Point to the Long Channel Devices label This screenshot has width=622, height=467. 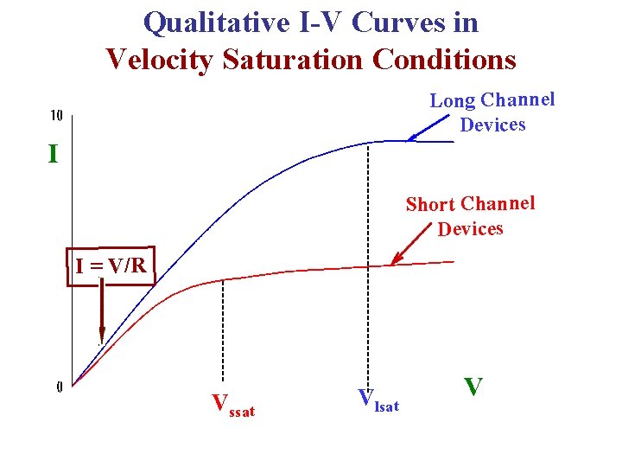(492, 112)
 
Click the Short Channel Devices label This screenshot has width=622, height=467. (471, 216)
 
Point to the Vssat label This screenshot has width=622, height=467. (233, 405)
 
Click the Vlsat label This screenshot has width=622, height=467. (378, 400)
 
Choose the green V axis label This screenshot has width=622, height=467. (473, 386)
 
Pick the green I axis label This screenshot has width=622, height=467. (54, 155)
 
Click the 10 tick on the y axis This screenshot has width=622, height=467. (55, 115)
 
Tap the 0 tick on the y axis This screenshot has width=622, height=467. (59, 387)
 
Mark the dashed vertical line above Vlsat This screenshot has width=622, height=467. (369, 259)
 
